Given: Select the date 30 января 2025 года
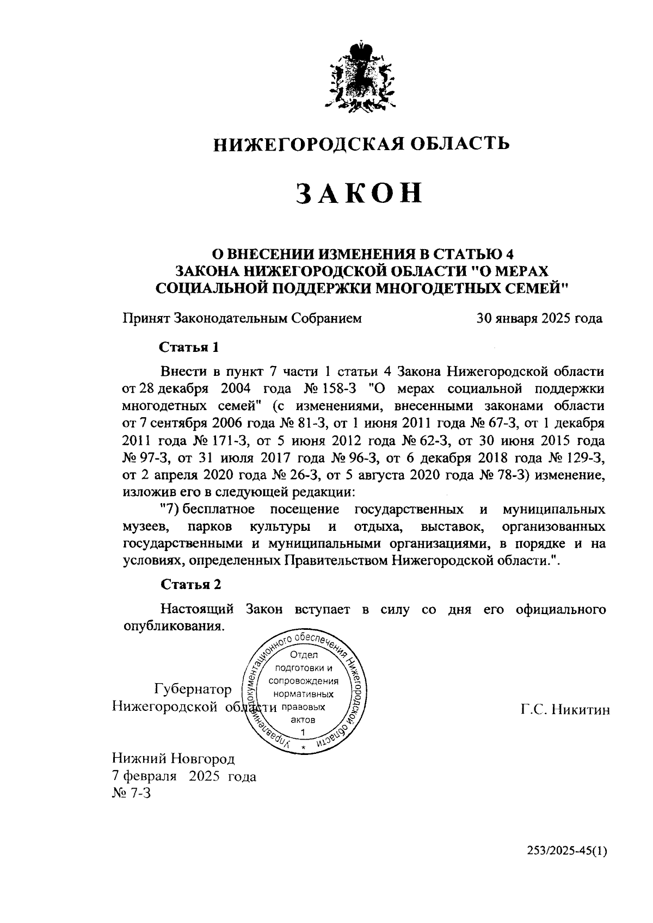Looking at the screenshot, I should point(539,319).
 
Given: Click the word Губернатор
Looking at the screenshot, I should point(193,690).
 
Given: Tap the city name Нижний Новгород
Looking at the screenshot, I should point(173,758).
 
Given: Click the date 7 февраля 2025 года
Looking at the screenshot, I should point(184,776).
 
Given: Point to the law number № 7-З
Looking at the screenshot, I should point(131,794).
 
